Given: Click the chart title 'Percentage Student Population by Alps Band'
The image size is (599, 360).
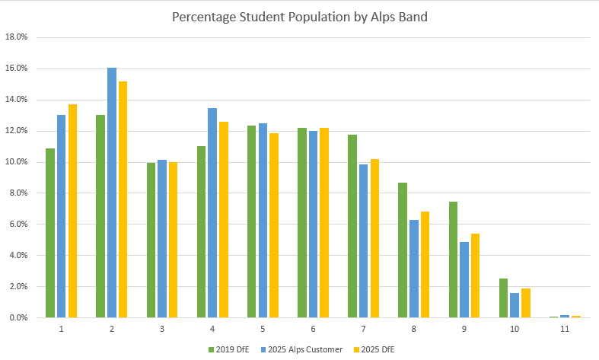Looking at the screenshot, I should pyautogui.click(x=299, y=16).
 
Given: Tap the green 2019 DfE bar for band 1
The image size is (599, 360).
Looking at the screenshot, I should pyautogui.click(x=50, y=233).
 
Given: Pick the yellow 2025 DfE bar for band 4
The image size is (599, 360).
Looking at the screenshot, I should pyautogui.click(x=224, y=219).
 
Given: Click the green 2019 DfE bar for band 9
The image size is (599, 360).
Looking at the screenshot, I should pyautogui.click(x=454, y=260).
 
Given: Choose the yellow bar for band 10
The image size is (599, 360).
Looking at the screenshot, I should pyautogui.click(x=527, y=303).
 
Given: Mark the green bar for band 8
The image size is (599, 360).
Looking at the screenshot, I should pyautogui.click(x=403, y=250).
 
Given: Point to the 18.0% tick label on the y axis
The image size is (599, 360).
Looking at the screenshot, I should pyautogui.click(x=17, y=37).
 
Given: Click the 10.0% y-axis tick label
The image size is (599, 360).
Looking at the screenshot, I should pyautogui.click(x=17, y=161).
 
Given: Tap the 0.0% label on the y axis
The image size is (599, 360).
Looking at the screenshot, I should pyautogui.click(x=18, y=317).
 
